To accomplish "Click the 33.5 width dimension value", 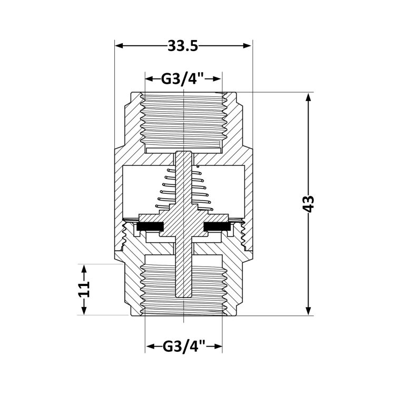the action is pyautogui.click(x=183, y=46).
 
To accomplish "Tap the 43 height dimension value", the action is pyautogui.click(x=308, y=203).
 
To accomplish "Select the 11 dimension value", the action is pyautogui.click(x=84, y=290).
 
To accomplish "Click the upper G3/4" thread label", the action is pyautogui.click(x=182, y=79).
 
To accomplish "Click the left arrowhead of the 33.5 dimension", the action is pyautogui.click(x=119, y=46).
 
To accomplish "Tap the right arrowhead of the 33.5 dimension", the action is pyautogui.click(x=248, y=46).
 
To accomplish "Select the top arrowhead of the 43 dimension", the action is pyautogui.click(x=308, y=97).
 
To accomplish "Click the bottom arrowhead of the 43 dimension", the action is pyautogui.click(x=308, y=311).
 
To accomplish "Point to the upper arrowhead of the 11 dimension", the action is pyautogui.click(x=84, y=269).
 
